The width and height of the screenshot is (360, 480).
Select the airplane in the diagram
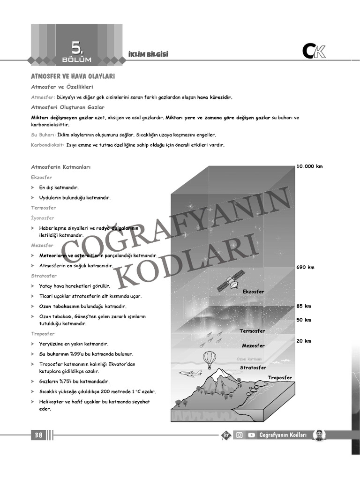click(191, 373)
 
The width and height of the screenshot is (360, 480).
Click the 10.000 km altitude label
click(309, 166)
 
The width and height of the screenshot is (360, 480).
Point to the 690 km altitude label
click(305, 267)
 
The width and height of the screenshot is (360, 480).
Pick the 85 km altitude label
click(304, 306)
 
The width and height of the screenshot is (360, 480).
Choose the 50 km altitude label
click(304, 320)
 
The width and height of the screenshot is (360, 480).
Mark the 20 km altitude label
click(304, 341)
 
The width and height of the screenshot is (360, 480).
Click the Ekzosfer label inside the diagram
click(254, 292)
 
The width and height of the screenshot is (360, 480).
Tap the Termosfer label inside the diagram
click(252, 331)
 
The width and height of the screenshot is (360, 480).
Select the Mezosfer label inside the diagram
click(253, 346)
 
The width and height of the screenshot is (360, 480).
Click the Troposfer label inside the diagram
click(280, 378)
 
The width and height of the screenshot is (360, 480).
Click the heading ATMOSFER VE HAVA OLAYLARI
click(73, 76)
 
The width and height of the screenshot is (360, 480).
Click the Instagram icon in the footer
click(239, 435)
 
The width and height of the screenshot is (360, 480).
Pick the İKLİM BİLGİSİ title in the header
click(148, 55)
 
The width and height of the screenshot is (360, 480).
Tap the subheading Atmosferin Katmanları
click(60, 167)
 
